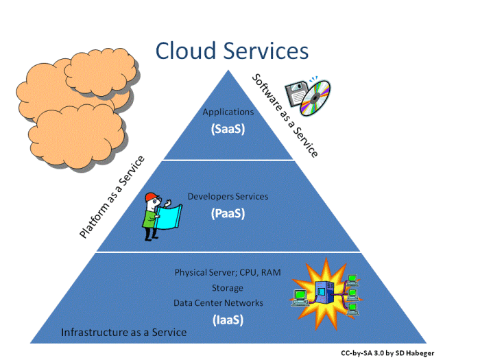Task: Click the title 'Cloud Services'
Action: pos(232,50)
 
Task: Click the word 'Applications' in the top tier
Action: pos(228,112)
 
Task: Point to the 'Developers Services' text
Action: pos(228,197)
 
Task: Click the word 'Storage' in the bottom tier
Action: pos(228,288)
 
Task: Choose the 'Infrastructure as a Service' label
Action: pos(123,333)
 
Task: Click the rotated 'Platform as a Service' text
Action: pos(112,197)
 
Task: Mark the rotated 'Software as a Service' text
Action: pos(285,115)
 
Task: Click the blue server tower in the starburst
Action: pos(323,291)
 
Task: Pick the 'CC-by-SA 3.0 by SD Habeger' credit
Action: pos(387,352)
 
